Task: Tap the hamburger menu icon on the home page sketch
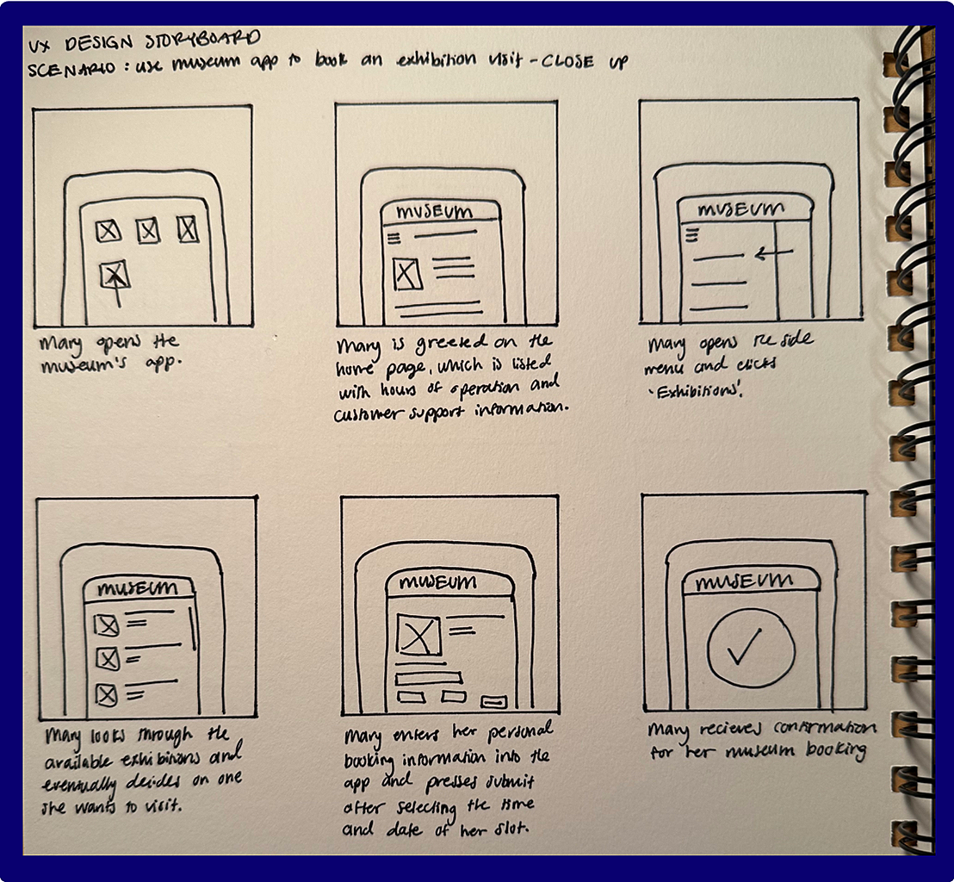click(x=393, y=238)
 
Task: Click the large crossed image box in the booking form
click(x=418, y=637)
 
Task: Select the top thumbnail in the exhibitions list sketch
click(x=106, y=624)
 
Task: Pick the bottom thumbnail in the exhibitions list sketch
click(x=106, y=694)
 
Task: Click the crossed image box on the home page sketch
click(x=406, y=274)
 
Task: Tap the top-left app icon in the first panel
click(x=108, y=230)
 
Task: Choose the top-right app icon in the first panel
click(x=188, y=229)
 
